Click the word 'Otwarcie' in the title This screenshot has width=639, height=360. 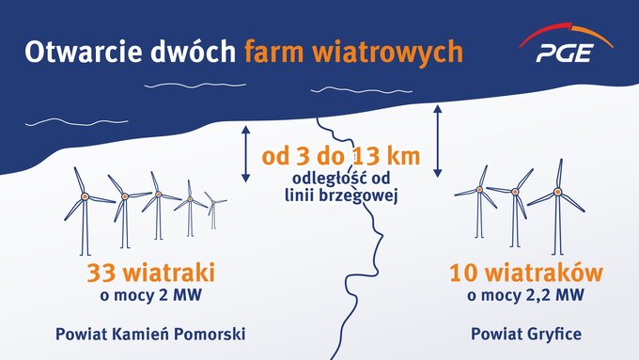pos(76,51)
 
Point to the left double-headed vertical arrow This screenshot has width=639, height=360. pos(245,152)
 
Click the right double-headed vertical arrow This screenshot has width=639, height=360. pos(437,141)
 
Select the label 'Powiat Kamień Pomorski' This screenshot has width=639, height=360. pos(150,333)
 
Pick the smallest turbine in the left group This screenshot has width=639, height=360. pos(215,210)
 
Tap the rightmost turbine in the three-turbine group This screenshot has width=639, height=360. pos(558,201)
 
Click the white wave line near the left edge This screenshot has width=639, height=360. pos(53,122)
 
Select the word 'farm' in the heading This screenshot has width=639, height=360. pos(277,51)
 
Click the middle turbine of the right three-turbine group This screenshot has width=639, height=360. pos(516,203)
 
